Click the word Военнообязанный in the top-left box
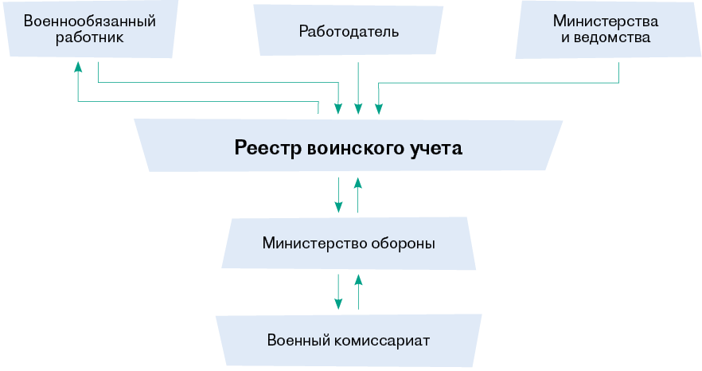(89, 21)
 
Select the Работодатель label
(349, 32)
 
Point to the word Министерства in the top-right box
(606, 21)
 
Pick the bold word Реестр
(267, 147)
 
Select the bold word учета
(439, 147)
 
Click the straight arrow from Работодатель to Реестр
(358, 88)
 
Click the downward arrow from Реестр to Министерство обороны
(338, 195)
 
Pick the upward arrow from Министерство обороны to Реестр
(358, 195)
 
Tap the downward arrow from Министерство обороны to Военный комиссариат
(338, 291)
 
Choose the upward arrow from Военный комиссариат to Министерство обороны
(358, 291)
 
